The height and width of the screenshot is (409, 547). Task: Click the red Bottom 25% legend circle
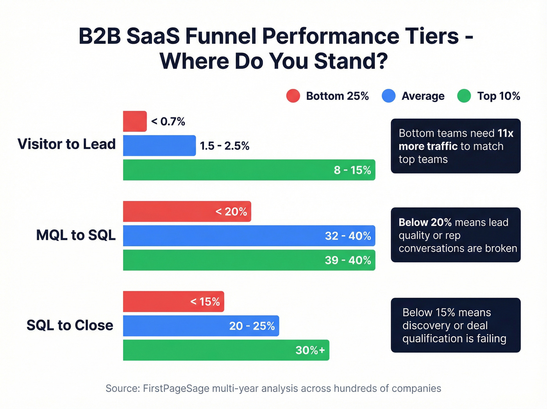[x=293, y=96]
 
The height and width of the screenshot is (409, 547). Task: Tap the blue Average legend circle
[x=388, y=96]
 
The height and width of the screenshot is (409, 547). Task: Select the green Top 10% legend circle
[x=464, y=96]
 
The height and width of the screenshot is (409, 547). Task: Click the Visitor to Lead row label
[x=66, y=144]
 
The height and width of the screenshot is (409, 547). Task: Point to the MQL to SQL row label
[x=76, y=235]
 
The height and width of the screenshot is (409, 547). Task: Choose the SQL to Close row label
[x=70, y=325]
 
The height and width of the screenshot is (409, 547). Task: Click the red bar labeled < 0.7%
[x=135, y=121]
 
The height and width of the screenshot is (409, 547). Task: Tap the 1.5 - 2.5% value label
[x=225, y=146]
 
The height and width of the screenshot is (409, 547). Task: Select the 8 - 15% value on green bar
[x=352, y=170]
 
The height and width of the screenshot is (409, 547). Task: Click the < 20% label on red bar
[x=231, y=212]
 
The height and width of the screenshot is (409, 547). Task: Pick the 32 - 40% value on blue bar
[x=348, y=236]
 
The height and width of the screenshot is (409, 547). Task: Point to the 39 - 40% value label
[x=348, y=260]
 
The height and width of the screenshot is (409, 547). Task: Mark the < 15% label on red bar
[x=205, y=302]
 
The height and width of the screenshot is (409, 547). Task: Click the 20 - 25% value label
[x=252, y=326]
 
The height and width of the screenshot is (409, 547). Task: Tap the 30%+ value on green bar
[x=310, y=350]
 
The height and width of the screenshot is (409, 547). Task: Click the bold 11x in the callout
[x=505, y=133]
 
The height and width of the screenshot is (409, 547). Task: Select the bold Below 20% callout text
[x=425, y=222]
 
